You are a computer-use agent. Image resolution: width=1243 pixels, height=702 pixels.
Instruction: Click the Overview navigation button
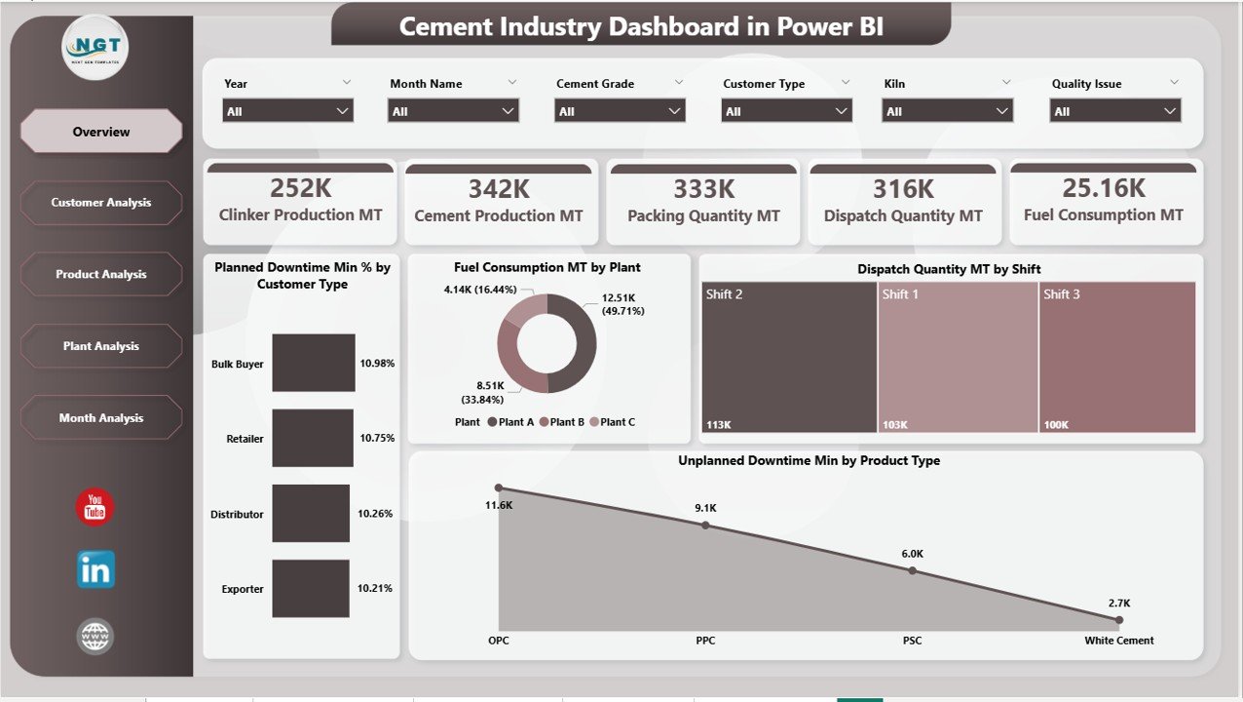click(101, 132)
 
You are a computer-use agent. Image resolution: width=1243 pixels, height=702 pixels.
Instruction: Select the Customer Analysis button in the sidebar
click(101, 203)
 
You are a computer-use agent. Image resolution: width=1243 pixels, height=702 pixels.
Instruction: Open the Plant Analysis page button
click(101, 346)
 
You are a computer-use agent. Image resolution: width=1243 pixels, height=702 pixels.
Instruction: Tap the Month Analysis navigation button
click(101, 418)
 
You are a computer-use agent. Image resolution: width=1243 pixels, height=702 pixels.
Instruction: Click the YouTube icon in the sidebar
click(95, 507)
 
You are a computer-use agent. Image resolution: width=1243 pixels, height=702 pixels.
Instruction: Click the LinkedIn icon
click(95, 570)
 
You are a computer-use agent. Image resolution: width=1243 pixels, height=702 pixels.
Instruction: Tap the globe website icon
click(95, 637)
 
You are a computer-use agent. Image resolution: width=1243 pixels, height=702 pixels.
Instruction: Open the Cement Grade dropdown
click(620, 111)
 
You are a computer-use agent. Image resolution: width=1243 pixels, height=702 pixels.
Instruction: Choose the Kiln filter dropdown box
click(947, 111)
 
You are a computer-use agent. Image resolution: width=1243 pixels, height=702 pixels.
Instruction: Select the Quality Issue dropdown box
click(1115, 111)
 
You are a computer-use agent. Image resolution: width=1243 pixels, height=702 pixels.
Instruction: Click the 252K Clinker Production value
click(300, 188)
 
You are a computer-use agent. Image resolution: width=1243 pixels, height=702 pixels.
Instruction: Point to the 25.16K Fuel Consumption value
click(1103, 188)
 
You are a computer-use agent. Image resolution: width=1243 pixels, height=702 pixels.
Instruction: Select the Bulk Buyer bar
click(314, 363)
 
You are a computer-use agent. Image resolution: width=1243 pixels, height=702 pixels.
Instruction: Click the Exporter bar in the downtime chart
click(310, 588)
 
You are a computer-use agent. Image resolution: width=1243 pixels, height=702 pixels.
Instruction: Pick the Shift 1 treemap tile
click(958, 357)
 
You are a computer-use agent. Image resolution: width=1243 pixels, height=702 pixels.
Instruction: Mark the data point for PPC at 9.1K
click(705, 526)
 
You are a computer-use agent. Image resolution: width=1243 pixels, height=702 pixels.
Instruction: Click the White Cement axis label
click(1118, 641)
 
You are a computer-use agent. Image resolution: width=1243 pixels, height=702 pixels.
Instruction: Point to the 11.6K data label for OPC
click(498, 504)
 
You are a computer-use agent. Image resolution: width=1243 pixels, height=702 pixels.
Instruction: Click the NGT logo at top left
click(94, 47)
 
